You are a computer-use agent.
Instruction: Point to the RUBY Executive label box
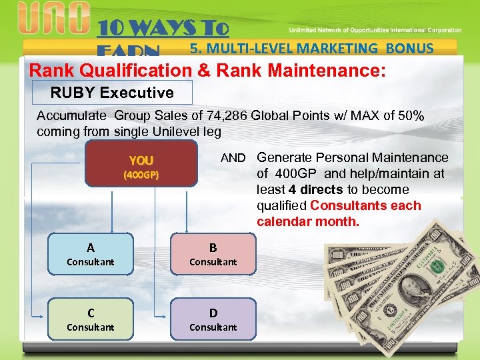pyautogui.click(x=112, y=93)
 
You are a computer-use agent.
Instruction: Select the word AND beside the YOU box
pyautogui.click(x=233, y=158)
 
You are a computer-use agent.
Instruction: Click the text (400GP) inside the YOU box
pyautogui.click(x=141, y=175)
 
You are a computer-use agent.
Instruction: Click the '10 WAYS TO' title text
pyautogui.click(x=163, y=28)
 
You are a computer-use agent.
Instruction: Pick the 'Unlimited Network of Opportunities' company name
pyautogui.click(x=354, y=30)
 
